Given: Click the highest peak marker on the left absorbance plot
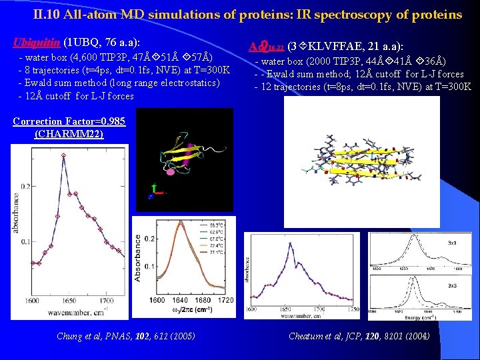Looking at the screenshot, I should pyautogui.click(x=63, y=155).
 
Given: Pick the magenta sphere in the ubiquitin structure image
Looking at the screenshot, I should pyautogui.click(x=171, y=173).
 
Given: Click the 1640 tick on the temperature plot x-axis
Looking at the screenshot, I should pyautogui.click(x=175, y=301).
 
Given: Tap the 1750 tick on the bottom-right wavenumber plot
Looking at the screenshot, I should pyautogui.click(x=353, y=310).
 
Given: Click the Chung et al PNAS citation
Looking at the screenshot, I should pyautogui.click(x=117, y=336).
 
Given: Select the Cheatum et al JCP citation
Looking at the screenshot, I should pyautogui.click(x=359, y=336).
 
